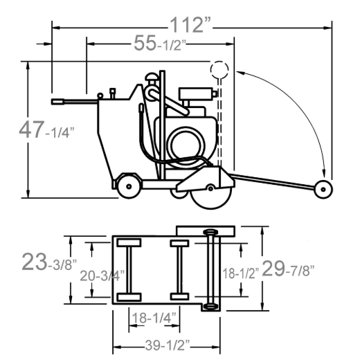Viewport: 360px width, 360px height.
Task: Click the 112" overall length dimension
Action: point(190,25)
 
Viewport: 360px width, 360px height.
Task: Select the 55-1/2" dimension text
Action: point(160,43)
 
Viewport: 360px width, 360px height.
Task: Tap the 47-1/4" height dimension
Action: point(46,130)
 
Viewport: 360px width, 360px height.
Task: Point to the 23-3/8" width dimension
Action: point(48,262)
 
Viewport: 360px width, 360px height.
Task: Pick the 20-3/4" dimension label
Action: point(102,276)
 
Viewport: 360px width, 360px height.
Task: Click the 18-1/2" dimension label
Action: point(241,273)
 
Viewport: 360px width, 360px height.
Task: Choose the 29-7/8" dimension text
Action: point(288,269)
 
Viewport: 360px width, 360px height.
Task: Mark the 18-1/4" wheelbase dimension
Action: point(154,317)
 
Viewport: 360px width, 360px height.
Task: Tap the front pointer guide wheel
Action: point(323,190)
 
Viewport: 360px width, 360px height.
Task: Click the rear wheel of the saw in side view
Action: point(129,186)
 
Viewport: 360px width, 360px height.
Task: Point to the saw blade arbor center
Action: point(210,188)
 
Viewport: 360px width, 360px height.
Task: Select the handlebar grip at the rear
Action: point(57,102)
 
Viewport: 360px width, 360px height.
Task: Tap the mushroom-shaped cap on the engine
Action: point(152,77)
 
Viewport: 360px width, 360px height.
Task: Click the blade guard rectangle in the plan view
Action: point(206,231)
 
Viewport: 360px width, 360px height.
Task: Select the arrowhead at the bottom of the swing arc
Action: point(324,173)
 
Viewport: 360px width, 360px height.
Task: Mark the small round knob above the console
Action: point(100,96)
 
